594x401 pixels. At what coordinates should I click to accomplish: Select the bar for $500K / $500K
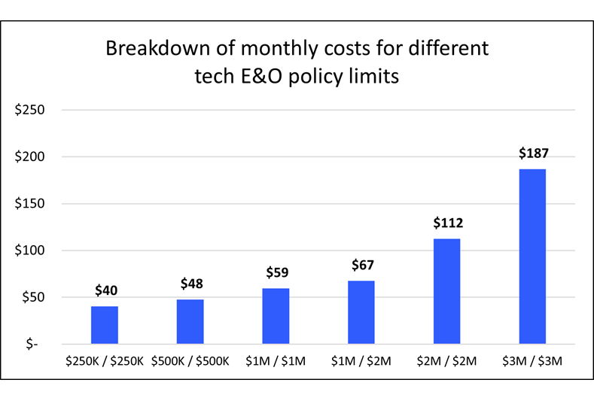coord(190,321)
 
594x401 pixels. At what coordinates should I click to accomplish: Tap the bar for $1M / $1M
coord(276,316)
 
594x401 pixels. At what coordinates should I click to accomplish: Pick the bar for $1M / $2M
coord(361,312)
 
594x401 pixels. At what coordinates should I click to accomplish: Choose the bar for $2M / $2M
coord(446,291)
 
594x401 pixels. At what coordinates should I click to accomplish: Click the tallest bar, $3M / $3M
coord(532,256)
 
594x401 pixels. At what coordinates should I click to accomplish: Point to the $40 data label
coord(105,290)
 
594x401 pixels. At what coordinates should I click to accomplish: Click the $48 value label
coord(191,284)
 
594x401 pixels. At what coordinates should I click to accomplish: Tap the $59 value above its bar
coord(276,272)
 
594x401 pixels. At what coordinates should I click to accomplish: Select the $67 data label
coord(362,265)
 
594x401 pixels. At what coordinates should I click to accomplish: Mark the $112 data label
coord(447,223)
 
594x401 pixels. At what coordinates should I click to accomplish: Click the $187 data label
coord(533,153)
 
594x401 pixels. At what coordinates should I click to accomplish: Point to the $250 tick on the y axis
coord(30,110)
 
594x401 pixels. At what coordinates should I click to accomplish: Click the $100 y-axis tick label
coord(30,251)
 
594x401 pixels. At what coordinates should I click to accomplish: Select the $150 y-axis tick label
coord(30,204)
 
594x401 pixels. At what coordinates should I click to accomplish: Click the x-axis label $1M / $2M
coord(361,361)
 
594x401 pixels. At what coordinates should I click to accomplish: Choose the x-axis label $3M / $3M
coord(532,361)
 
